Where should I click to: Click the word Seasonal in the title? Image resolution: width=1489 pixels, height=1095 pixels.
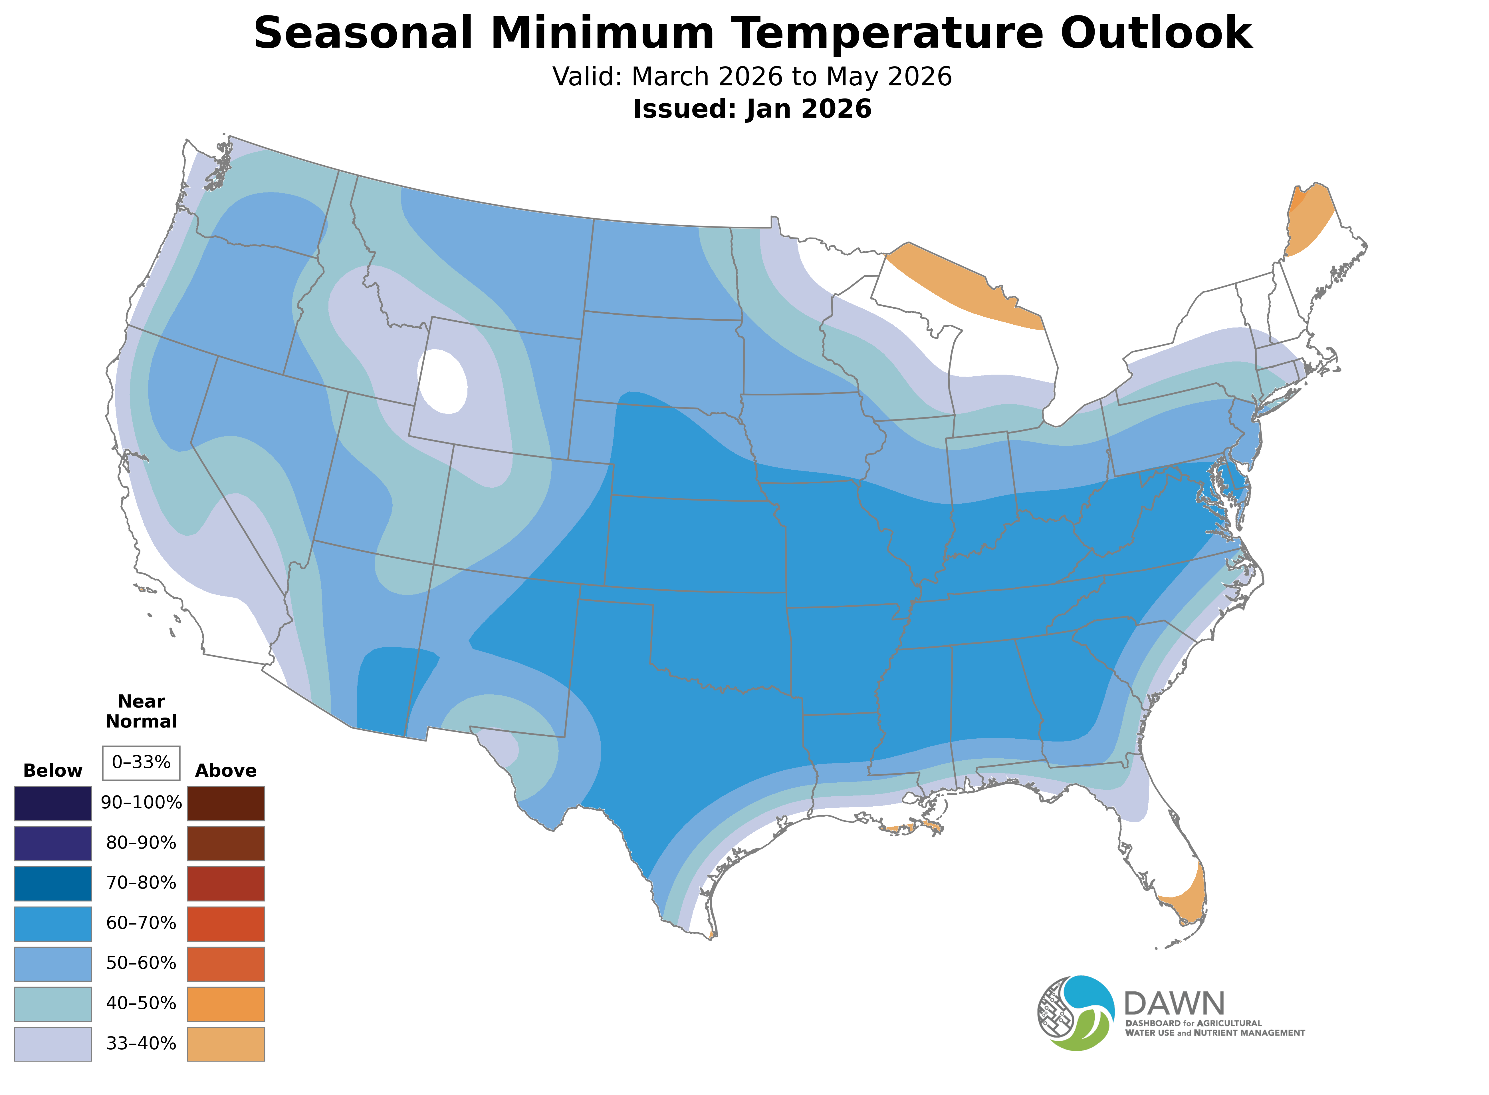click(363, 33)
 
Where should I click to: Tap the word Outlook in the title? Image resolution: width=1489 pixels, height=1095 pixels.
click(1156, 33)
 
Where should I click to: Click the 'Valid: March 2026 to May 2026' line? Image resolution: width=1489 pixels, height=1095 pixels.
click(752, 77)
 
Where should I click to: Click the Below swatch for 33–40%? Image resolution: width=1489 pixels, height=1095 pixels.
click(53, 1044)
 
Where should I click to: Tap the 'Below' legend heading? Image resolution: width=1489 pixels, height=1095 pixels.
click(53, 771)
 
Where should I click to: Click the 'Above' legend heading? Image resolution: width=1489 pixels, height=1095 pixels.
click(226, 771)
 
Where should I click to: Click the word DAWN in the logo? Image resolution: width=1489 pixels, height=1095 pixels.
click(1174, 1004)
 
